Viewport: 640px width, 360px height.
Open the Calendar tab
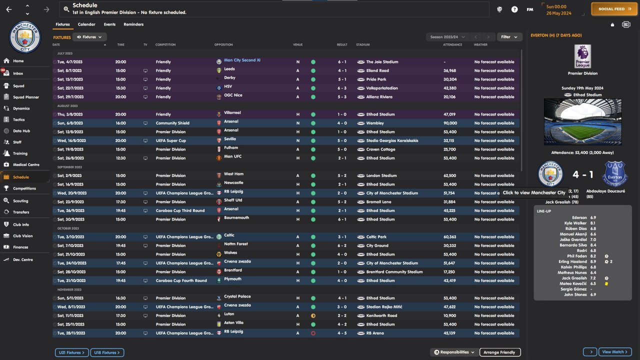[86, 24]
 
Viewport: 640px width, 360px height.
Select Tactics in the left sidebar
[18, 119]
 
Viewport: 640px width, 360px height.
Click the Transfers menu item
[21, 212]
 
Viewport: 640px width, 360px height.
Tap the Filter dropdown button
[509, 37]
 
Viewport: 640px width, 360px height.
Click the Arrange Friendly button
[500, 352]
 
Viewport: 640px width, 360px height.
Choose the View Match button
[615, 352]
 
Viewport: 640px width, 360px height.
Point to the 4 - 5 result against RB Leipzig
[342, 333]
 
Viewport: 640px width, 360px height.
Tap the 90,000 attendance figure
[449, 123]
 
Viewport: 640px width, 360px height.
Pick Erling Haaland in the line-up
[573, 261]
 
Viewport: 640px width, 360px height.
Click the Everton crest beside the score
[615, 174]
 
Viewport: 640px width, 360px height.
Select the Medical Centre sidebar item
[25, 164]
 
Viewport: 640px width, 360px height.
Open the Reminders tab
[133, 24]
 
